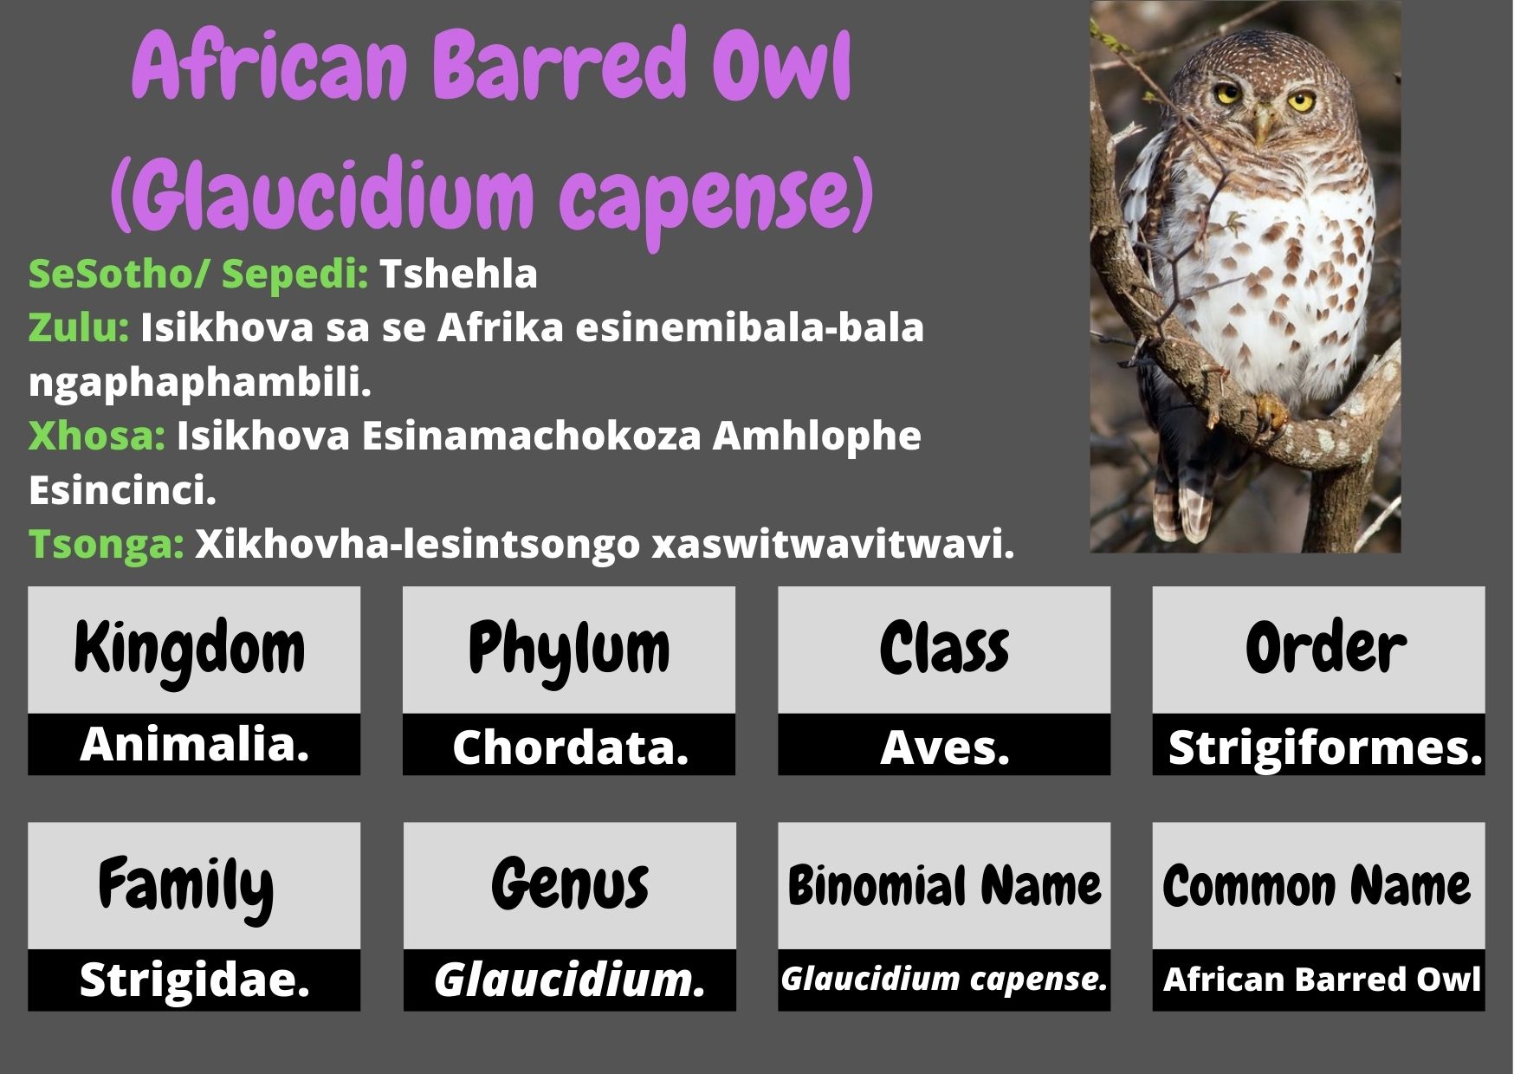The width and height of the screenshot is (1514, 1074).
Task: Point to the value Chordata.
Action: point(570,747)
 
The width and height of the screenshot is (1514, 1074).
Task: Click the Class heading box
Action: point(944,650)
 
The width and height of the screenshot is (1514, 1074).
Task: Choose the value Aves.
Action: point(945,747)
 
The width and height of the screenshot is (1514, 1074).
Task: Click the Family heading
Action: point(185,886)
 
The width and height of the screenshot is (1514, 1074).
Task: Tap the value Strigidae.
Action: point(194,980)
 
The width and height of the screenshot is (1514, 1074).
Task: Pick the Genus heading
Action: point(569,885)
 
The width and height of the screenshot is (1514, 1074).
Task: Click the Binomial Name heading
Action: point(944,886)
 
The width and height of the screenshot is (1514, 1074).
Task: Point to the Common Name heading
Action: point(1317,886)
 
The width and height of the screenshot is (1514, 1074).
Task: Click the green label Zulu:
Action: point(79,328)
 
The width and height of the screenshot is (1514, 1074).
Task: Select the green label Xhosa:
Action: point(96,436)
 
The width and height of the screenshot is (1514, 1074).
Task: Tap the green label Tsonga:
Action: point(106,545)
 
